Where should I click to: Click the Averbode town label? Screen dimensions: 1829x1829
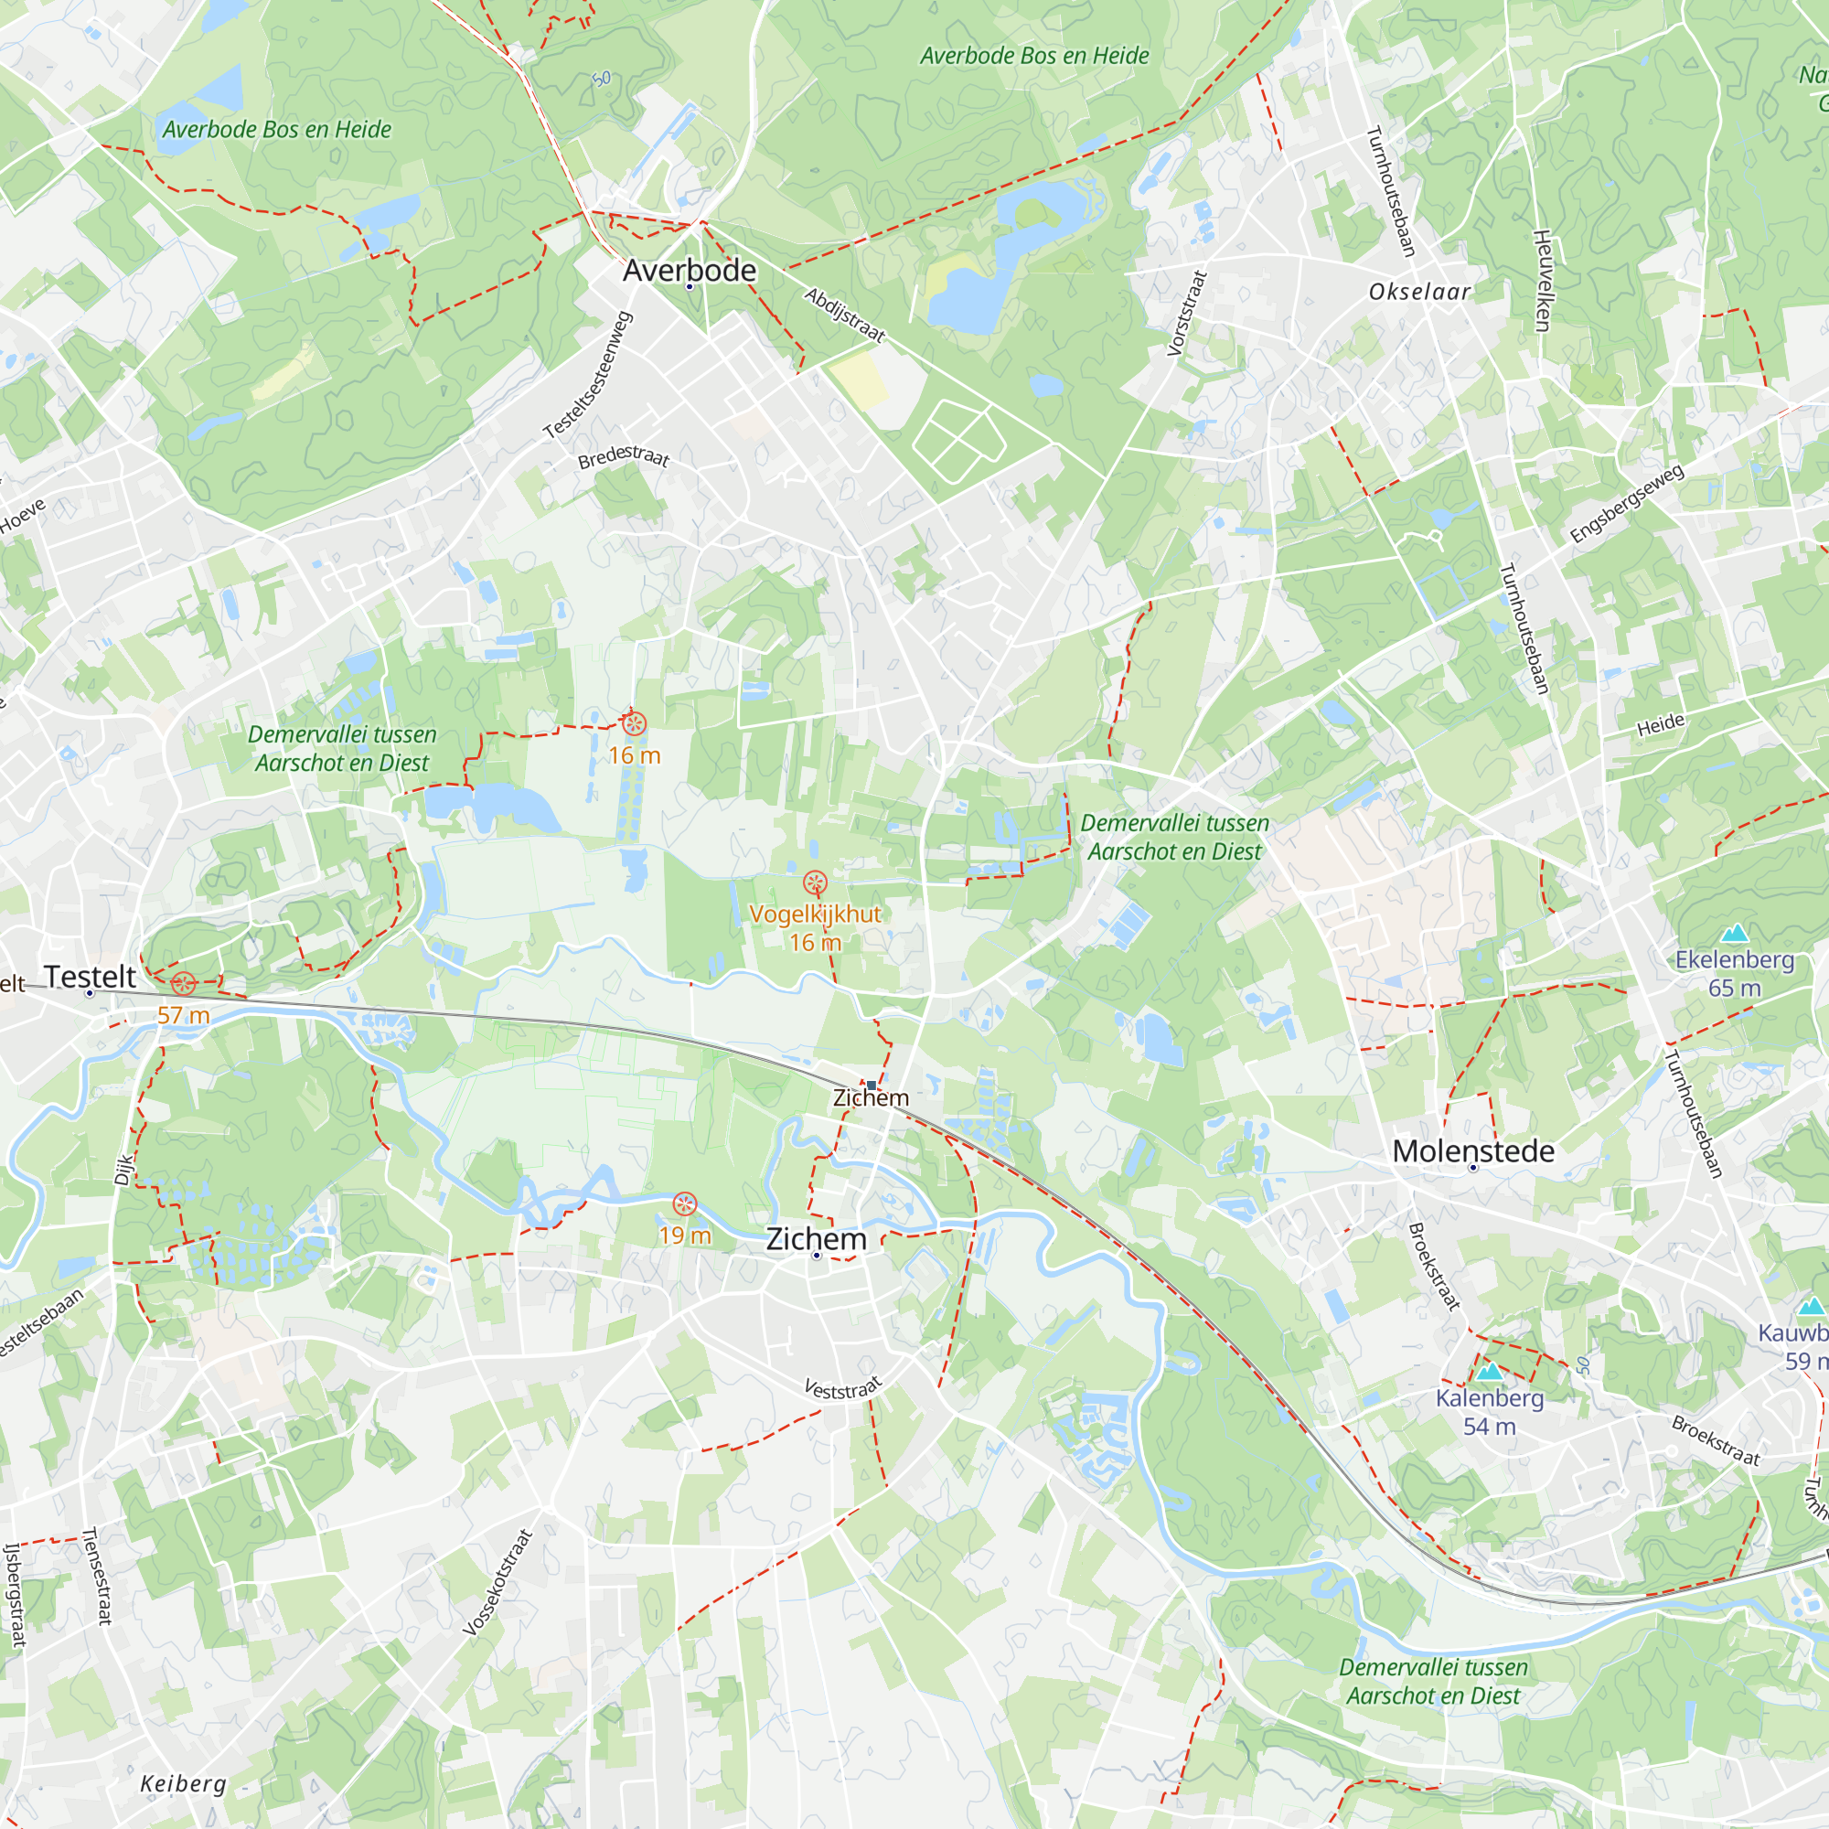pyautogui.click(x=690, y=271)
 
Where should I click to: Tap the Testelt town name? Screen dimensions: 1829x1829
pyautogui.click(x=90, y=976)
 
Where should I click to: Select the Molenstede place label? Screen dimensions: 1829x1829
pyautogui.click(x=1473, y=1151)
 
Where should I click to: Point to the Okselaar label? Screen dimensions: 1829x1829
pyautogui.click(x=1419, y=292)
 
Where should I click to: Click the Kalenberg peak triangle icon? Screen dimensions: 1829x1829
pyautogui.click(x=1489, y=1371)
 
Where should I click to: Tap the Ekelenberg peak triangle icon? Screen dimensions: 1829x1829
pyautogui.click(x=1734, y=934)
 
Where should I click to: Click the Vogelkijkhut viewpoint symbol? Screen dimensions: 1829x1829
pyautogui.click(x=815, y=883)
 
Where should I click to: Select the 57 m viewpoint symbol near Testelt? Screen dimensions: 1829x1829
pyautogui.click(x=184, y=984)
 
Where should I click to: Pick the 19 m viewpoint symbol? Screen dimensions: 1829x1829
pyautogui.click(x=684, y=1204)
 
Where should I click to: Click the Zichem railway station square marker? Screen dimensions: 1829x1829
pyautogui.click(x=871, y=1085)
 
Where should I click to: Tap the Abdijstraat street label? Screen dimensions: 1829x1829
pyautogui.click(x=844, y=316)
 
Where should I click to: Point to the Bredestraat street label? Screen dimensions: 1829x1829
pyautogui.click(x=624, y=457)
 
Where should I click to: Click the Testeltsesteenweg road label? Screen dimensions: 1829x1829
pyautogui.click(x=588, y=376)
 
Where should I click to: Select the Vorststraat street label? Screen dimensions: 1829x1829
pyautogui.click(x=1187, y=314)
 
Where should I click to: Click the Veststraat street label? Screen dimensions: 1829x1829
pyautogui.click(x=842, y=1388)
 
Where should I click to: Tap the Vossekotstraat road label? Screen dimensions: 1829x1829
pyautogui.click(x=498, y=1582)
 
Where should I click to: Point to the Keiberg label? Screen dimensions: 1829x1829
pyautogui.click(x=184, y=1783)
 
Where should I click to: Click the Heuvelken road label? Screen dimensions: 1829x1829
pyautogui.click(x=1541, y=280)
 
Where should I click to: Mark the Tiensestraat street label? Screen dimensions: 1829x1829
pyautogui.click(x=98, y=1576)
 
